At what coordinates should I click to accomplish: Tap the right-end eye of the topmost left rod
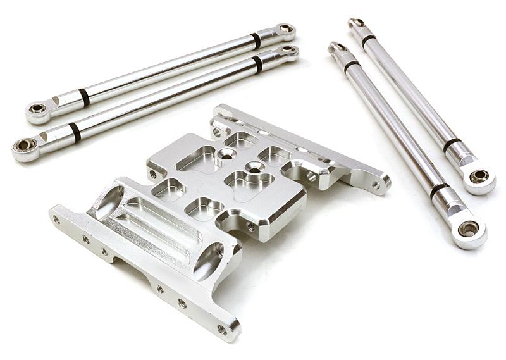point(286,28)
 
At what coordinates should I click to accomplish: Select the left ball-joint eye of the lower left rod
point(23,146)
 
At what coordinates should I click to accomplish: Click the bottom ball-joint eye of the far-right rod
point(479,176)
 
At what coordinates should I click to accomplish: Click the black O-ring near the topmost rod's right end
point(256,40)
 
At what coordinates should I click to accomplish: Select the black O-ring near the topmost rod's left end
point(84,97)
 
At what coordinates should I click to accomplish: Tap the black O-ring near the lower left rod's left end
point(75,132)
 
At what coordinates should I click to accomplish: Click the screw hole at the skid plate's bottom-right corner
point(222,329)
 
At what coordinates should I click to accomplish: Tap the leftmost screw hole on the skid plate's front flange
point(56,220)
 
